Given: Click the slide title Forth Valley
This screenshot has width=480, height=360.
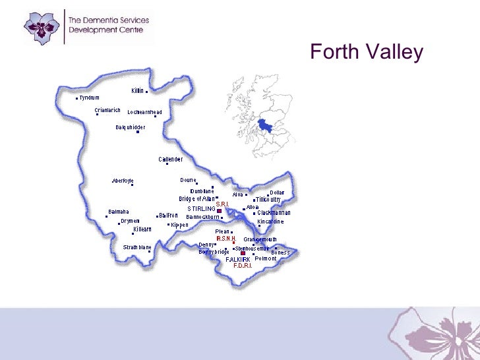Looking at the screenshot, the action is click(366, 52).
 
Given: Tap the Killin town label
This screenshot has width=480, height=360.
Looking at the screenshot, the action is click(137, 90).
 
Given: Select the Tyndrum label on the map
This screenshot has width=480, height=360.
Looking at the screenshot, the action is click(89, 98).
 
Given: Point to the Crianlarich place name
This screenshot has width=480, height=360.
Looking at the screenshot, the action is click(107, 110).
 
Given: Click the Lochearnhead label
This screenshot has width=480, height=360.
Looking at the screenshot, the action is click(144, 112).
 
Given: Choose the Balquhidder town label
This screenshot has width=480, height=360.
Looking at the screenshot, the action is click(131, 127).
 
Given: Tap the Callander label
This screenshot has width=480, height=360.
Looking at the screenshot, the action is click(170, 159).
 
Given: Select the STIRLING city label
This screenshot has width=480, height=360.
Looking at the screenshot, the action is click(201, 209).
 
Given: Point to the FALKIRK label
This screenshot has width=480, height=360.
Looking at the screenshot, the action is click(237, 260).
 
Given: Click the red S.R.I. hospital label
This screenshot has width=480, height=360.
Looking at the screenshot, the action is click(222, 204).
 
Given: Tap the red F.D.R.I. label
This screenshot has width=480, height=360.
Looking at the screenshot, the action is click(243, 266).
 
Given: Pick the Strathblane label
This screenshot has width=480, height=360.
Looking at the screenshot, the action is click(137, 247).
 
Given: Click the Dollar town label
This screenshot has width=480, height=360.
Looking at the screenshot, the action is click(277, 193).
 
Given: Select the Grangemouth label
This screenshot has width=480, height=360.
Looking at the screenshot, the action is click(260, 239).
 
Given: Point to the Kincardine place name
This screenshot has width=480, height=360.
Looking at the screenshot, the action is click(270, 222).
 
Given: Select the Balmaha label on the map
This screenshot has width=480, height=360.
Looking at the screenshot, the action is click(118, 212).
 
